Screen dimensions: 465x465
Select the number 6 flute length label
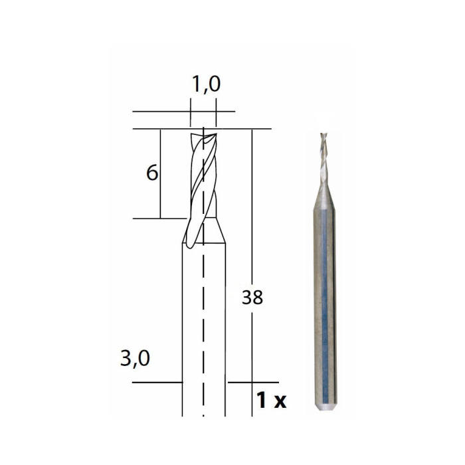pyautogui.click(x=152, y=173)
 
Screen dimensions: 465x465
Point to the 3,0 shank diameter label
pyautogui.click(x=136, y=359)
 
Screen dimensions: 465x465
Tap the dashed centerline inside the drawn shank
pyautogui.click(x=203, y=319)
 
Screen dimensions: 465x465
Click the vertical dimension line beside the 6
pyautogui.click(x=160, y=173)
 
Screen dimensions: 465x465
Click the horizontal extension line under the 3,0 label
pyautogui.click(x=156, y=383)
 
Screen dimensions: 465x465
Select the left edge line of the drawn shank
pyautogui.click(x=182, y=319)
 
